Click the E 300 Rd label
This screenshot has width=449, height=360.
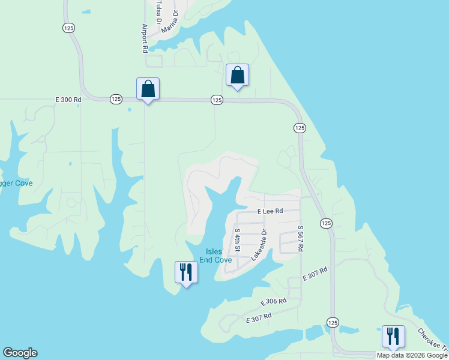pyautogui.click(x=68, y=100)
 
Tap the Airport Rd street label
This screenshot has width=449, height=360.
pyautogui.click(x=145, y=38)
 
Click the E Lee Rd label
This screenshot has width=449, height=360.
pyautogui.click(x=270, y=212)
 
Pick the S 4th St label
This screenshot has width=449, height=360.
pyautogui.click(x=237, y=239)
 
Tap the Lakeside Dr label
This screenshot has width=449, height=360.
pyautogui.click(x=259, y=244)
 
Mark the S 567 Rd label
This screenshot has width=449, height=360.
pyautogui.click(x=301, y=238)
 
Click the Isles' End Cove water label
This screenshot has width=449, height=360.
pyautogui.click(x=215, y=256)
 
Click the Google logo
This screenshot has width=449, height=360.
pyautogui.click(x=20, y=353)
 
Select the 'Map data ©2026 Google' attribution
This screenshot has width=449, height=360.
pyautogui.click(x=412, y=355)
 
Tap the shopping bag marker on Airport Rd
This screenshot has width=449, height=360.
pyautogui.click(x=148, y=89)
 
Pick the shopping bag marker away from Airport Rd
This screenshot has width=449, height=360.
pyautogui.click(x=237, y=76)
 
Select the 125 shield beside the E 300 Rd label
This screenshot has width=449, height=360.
pyautogui.click(x=116, y=99)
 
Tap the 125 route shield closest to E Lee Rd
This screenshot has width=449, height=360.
pyautogui.click(x=325, y=223)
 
